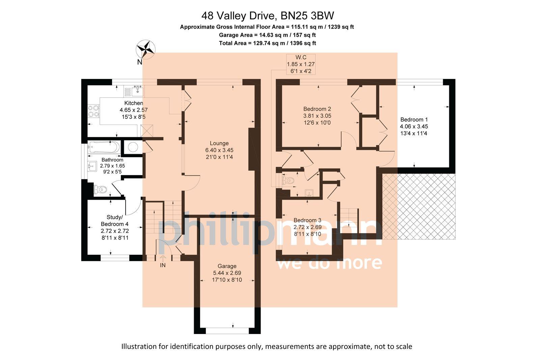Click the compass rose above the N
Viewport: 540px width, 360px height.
pyautogui.click(x=145, y=49)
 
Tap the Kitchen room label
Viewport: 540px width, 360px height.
pyautogui.click(x=134, y=103)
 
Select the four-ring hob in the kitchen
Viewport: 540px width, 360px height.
pyautogui.click(x=94, y=111)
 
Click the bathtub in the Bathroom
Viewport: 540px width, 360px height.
pyautogui.click(x=104, y=147)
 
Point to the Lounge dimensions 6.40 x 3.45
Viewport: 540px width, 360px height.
pyautogui.click(x=219, y=150)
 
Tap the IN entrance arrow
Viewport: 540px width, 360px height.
pyautogui.click(x=163, y=259)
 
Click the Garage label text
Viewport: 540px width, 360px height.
pyautogui.click(x=227, y=266)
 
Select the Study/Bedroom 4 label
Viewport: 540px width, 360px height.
pyautogui.click(x=115, y=221)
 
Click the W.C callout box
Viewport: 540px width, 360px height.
pyautogui.click(x=301, y=64)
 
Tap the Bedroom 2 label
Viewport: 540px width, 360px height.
pyautogui.click(x=317, y=109)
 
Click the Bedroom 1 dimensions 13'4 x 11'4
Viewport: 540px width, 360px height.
pyautogui.click(x=414, y=133)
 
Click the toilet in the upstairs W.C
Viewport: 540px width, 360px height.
pyautogui.click(x=289, y=181)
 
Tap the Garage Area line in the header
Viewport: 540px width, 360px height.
pyautogui.click(x=267, y=35)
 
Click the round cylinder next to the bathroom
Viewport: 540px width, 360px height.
pyautogui.click(x=133, y=147)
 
